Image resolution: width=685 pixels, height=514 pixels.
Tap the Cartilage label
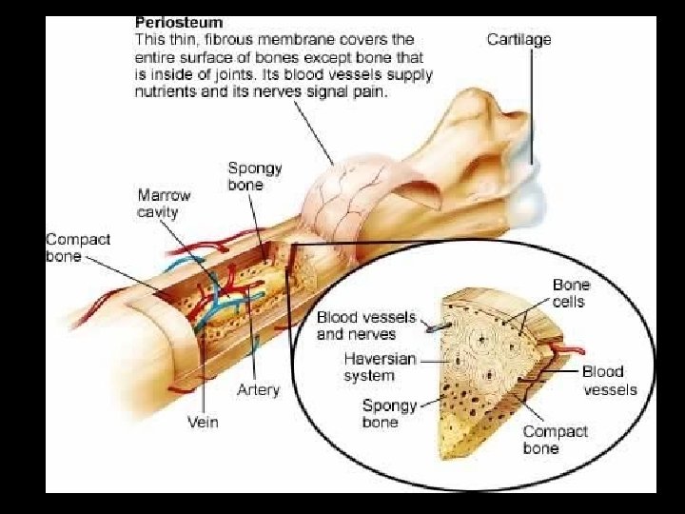point(519,39)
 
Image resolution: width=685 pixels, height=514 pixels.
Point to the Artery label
point(258,390)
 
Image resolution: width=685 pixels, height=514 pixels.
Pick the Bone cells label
point(571,293)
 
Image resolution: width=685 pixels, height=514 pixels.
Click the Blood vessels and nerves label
point(356,325)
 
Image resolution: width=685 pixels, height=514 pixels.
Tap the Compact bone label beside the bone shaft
point(78,247)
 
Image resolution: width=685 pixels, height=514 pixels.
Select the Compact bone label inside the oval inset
point(555,439)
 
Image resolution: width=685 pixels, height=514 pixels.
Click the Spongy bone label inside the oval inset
point(389,413)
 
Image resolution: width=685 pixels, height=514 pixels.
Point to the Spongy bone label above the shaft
point(255,176)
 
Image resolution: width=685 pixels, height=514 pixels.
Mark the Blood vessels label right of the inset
point(609,380)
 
